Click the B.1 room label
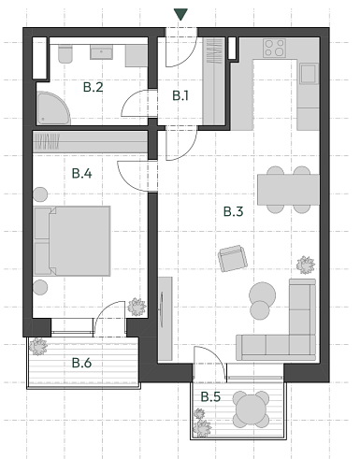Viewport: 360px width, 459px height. click(x=180, y=95)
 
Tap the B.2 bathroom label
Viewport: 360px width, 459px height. click(x=93, y=88)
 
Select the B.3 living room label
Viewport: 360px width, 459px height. click(x=234, y=212)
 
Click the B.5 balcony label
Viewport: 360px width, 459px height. click(x=210, y=396)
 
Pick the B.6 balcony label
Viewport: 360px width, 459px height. click(x=82, y=363)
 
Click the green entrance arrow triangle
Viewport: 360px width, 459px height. click(x=180, y=14)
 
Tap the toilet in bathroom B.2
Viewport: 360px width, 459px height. click(x=63, y=56)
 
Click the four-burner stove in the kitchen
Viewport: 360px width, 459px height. click(x=275, y=47)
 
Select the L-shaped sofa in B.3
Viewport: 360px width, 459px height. click(x=285, y=327)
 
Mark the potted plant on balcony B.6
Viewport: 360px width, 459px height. click(x=39, y=347)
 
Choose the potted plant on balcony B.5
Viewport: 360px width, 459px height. click(x=203, y=427)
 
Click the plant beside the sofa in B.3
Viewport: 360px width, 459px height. click(x=304, y=264)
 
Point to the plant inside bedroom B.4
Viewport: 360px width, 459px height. click(x=137, y=306)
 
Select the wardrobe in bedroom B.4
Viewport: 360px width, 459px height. click(x=90, y=142)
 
